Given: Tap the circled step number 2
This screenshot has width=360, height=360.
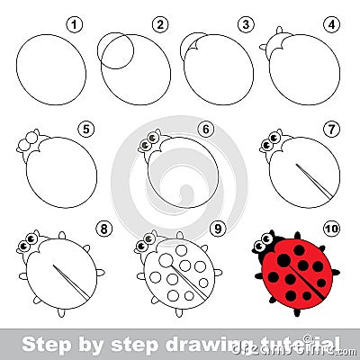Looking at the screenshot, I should pos(160,23).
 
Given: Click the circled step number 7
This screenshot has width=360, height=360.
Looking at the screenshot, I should pos(331,128).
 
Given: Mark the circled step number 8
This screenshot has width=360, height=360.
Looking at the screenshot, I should pos(104,229).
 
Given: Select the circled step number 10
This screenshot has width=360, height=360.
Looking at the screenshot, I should pos(331,229).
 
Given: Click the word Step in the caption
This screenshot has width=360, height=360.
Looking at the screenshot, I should pos(40,342).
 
